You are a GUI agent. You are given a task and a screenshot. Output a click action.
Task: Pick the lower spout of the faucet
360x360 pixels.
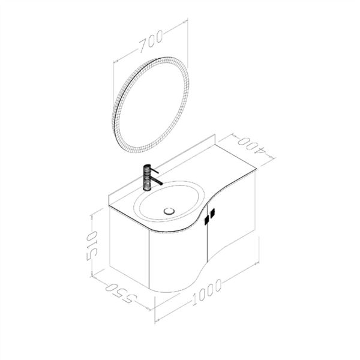(155, 180)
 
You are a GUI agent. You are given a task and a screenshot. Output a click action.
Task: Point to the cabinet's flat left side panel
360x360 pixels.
(129, 249)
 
